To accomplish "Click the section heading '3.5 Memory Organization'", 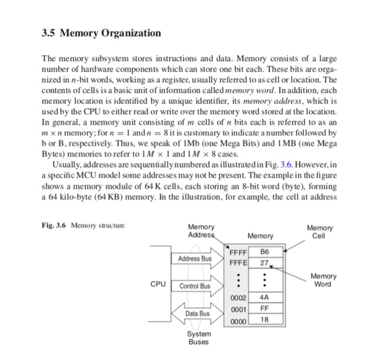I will coord(101,33).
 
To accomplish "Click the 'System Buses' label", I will coord(198,338).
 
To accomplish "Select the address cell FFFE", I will coord(238,263).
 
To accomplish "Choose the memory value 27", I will coord(264,263).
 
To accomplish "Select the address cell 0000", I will coord(238,320).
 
